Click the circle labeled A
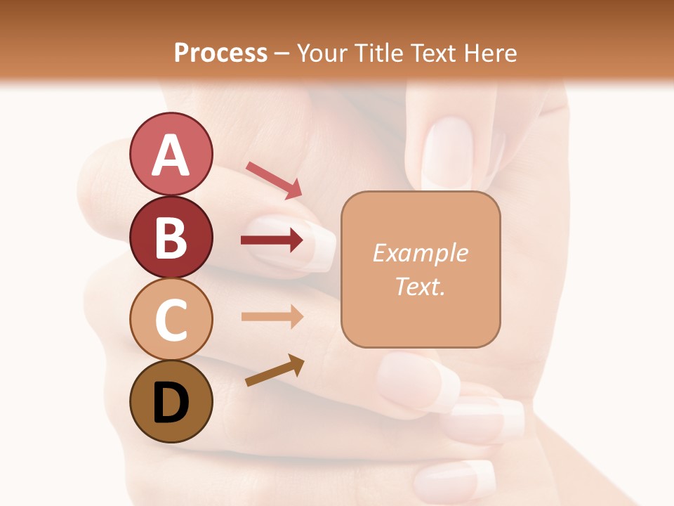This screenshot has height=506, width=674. [171, 154]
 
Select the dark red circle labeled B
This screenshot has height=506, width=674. [171, 237]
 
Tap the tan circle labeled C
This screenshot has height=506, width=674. [171, 320]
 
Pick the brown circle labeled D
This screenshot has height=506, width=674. [171, 402]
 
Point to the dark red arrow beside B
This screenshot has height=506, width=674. [272, 240]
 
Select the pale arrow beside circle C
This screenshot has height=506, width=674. [272, 316]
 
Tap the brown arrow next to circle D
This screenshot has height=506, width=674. [275, 370]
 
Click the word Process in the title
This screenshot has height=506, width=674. [220, 53]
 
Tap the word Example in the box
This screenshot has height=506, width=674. [420, 253]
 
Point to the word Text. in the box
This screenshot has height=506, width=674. [420, 286]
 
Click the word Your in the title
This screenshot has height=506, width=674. [322, 53]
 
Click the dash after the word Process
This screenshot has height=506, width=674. [282, 53]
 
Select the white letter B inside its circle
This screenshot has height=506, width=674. [171, 237]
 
